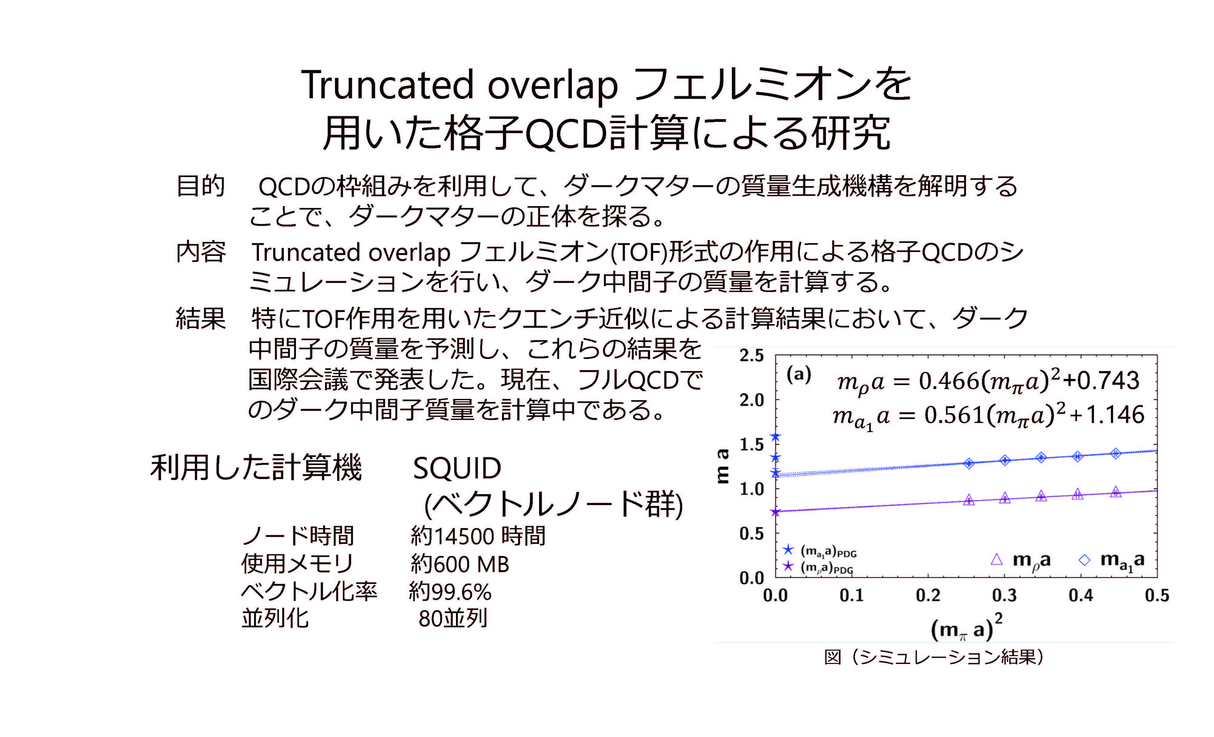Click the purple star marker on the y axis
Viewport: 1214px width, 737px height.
tap(776, 512)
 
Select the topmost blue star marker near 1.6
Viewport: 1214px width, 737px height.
tap(776, 437)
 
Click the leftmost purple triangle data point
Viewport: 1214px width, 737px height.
tap(969, 500)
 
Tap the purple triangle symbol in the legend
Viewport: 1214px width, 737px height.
tap(997, 559)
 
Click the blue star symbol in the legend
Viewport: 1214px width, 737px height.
tap(788, 549)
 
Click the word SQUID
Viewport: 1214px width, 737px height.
tap(457, 468)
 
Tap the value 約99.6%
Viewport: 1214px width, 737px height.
tap(450, 592)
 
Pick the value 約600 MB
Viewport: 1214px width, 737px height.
tap(459, 564)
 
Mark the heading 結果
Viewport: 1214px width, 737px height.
tap(200, 318)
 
